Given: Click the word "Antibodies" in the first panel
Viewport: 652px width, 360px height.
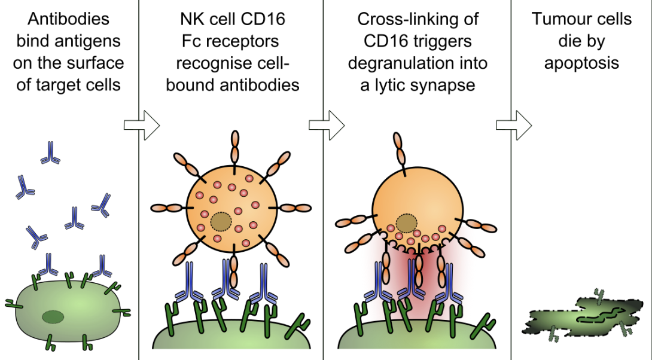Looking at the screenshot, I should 69,20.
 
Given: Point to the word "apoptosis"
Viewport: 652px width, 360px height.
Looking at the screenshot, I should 581,63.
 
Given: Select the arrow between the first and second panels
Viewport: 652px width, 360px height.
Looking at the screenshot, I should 141,125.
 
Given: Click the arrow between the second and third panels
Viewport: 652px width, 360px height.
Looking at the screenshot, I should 327,125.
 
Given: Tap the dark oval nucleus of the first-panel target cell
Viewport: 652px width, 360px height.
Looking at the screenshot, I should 54,317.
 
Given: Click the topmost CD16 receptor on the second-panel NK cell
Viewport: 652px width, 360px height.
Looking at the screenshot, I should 234,147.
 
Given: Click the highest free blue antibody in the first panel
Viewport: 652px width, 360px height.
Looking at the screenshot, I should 50,153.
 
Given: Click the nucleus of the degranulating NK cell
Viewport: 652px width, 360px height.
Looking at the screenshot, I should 406,224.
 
